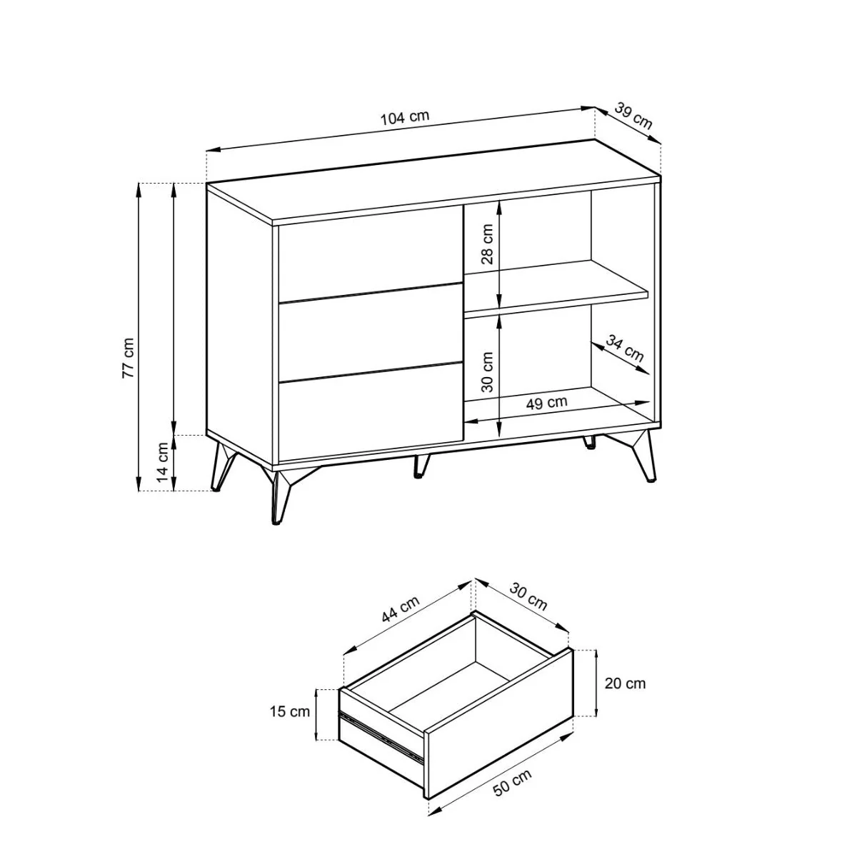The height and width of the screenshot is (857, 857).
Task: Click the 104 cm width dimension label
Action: [405, 117]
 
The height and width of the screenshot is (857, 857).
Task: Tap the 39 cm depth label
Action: [633, 116]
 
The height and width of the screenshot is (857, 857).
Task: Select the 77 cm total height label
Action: [128, 358]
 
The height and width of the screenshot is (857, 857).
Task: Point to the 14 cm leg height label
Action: [164, 462]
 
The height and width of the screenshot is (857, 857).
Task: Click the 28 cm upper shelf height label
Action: [488, 244]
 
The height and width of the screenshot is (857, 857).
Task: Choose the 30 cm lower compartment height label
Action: [488, 372]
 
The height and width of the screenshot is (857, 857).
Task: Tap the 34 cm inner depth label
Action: [625, 348]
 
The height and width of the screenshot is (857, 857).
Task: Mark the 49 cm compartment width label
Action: [546, 402]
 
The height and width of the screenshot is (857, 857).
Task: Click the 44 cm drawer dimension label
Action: [400, 609]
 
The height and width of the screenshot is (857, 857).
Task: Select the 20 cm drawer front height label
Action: [625, 683]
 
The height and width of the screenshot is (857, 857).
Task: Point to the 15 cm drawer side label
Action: [289, 711]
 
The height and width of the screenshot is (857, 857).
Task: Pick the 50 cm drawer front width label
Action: [512, 782]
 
